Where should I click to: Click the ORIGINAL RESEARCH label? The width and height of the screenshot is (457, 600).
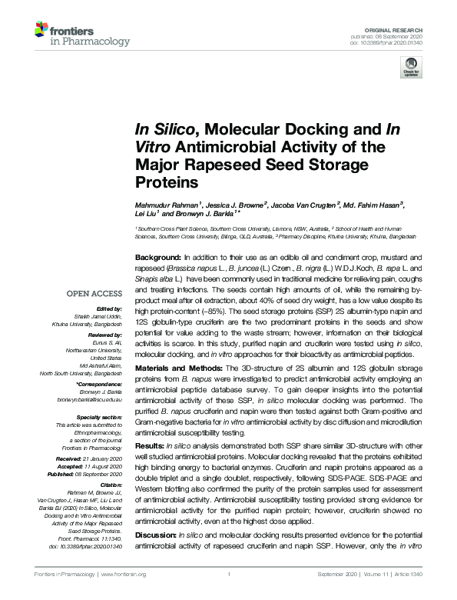click(399, 28)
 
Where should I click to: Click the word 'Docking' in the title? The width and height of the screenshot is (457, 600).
click(294, 128)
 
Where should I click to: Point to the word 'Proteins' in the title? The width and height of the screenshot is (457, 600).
click(164, 183)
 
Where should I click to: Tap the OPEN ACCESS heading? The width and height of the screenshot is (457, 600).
click(94, 293)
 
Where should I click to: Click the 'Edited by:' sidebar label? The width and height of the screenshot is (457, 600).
click(108, 308)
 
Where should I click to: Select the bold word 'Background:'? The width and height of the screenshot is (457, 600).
click(158, 256)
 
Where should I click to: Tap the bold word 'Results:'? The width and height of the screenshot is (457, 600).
click(150, 445)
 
